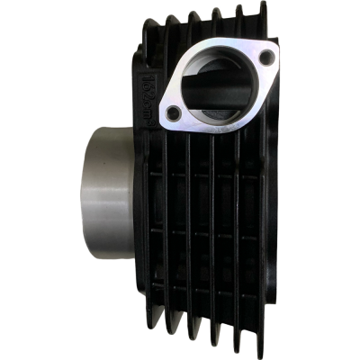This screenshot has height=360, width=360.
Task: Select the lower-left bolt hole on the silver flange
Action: pos(175,113)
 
